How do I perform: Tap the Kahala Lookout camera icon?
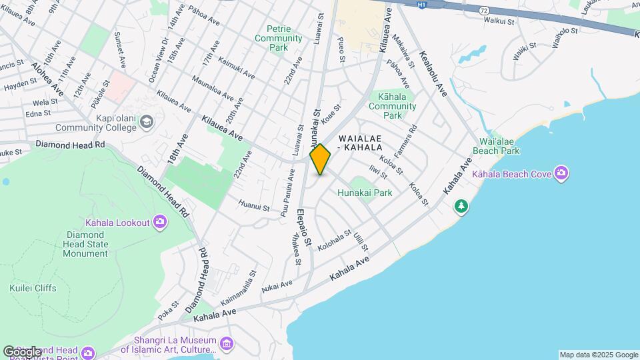tap(159, 222)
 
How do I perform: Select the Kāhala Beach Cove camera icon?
tap(561, 174)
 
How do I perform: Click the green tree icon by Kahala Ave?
tap(461, 206)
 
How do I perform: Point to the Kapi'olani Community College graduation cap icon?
tap(147, 121)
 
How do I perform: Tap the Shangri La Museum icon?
tap(227, 343)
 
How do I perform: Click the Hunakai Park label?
tap(364, 193)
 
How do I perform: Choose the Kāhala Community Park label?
tap(392, 106)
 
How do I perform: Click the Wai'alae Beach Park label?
tap(495, 146)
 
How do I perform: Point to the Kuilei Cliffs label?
tap(33, 288)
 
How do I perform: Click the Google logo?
tap(21, 351)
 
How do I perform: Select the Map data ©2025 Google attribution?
tap(599, 355)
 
